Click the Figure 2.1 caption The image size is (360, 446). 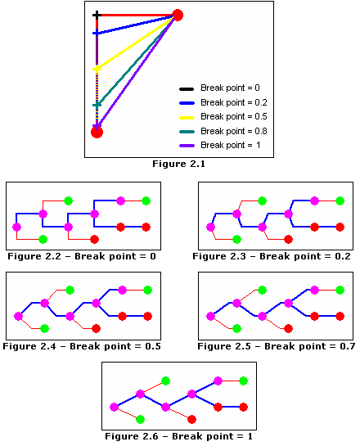pos(178,164)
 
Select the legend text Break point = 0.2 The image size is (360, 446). pos(234,102)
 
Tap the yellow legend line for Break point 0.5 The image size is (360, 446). pos(187,117)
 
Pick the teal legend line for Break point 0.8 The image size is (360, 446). pos(187,132)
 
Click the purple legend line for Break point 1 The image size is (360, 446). pos(187,146)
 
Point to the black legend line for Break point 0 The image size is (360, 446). pos(187,89)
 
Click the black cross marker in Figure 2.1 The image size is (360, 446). pos(97,15)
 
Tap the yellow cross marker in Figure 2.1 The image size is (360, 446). pos(97,69)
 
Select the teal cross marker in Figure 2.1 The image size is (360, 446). pos(97,105)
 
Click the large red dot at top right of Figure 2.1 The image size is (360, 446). pos(178,15)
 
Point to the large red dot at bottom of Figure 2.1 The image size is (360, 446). pos(97,133)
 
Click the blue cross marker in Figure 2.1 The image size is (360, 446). pos(97,34)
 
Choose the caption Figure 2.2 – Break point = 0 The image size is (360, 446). pos(82,256)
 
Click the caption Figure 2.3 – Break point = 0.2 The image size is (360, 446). pos(272,256)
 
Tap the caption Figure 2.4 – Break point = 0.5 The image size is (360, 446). pos(82,346)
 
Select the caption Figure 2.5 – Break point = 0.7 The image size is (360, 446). pos(276,346)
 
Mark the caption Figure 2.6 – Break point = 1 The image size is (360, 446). pos(178,436)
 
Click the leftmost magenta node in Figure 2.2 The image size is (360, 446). pos(17,227)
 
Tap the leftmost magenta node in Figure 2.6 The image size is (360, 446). pos(114,407)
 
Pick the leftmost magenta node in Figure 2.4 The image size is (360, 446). pos(19,316)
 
